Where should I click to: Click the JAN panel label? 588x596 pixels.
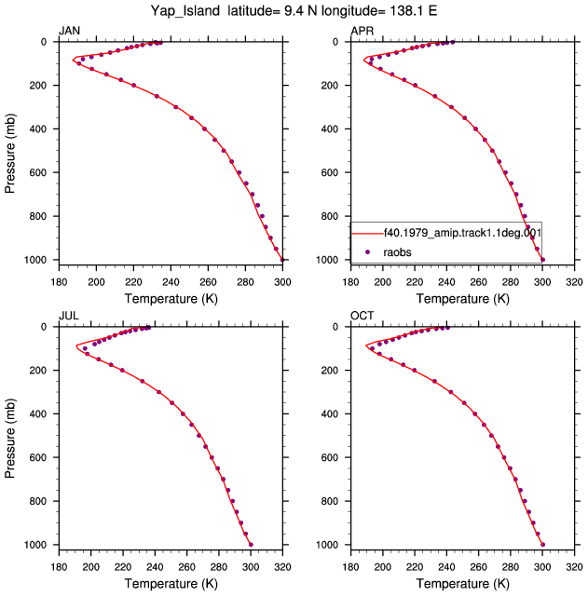69,31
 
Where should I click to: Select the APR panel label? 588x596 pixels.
362,31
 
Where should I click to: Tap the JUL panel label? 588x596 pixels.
69,316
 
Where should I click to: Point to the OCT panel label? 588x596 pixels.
362,316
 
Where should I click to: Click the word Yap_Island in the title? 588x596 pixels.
185,10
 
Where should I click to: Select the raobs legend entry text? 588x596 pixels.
397,252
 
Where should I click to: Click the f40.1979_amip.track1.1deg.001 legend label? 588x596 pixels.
462,232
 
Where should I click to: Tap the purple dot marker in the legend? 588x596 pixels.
367,252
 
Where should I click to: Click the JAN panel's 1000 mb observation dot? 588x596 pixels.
282,260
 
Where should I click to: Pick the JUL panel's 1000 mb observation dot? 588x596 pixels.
251,545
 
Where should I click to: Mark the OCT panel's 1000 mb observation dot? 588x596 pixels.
542,545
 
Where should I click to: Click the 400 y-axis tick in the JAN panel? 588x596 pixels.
38,129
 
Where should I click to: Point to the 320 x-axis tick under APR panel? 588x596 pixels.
574,282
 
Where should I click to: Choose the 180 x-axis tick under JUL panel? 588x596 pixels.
59,567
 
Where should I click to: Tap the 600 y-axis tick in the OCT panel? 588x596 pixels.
330,457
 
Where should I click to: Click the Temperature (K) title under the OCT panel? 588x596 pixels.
463,583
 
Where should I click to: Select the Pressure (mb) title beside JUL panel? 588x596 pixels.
10,439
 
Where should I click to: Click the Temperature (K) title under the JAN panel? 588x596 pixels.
171,298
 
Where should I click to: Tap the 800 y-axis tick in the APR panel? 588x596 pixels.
330,216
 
